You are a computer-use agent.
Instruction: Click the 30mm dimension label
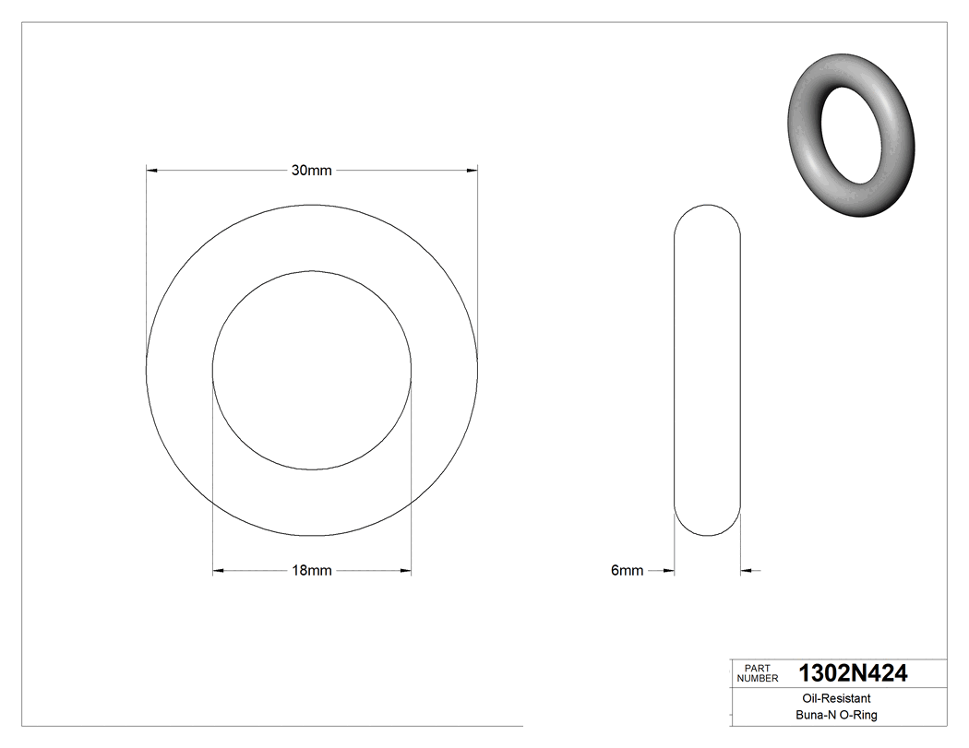point(311,170)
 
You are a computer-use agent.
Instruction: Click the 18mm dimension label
point(311,571)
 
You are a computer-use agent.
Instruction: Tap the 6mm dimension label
point(627,571)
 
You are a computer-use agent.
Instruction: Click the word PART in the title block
point(757,669)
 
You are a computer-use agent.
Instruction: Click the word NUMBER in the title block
point(757,679)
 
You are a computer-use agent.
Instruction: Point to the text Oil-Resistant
point(832,699)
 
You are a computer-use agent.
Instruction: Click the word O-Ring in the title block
point(857,716)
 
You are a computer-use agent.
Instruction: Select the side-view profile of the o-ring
point(708,369)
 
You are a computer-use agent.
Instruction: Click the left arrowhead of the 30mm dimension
point(153,170)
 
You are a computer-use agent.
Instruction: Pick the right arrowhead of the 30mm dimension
point(472,170)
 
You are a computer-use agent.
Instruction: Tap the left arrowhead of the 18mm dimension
point(219,571)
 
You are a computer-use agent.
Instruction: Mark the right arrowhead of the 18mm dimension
point(405,571)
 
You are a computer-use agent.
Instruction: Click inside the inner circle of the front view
point(312,369)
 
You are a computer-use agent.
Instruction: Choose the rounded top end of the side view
point(708,214)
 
